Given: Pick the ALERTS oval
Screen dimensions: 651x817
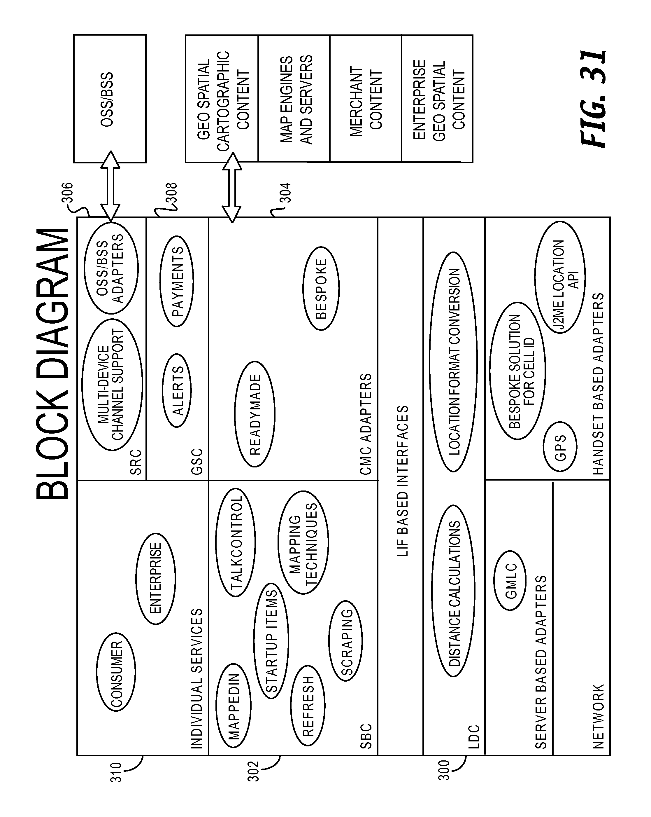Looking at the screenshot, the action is pyautogui.click(x=176, y=390).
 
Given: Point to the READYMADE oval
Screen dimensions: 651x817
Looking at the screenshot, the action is pyautogui.click(x=255, y=414).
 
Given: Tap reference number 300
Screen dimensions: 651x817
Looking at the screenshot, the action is pyautogui.click(x=443, y=770).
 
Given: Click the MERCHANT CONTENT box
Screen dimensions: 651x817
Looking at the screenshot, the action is pyautogui.click(x=366, y=99).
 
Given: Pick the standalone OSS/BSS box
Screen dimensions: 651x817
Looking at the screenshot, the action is pyautogui.click(x=110, y=99).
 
